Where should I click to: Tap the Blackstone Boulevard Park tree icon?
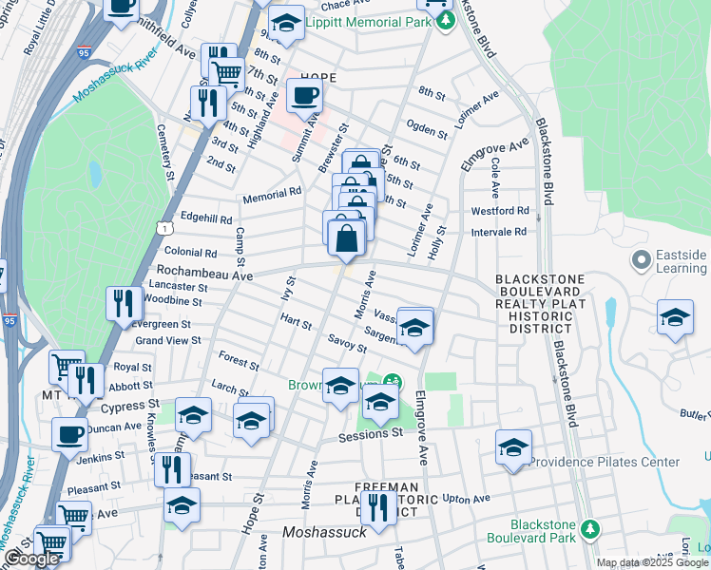[x=589, y=527]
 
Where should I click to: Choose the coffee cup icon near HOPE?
[x=304, y=95]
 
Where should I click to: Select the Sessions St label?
[x=371, y=435]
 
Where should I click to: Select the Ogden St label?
[x=427, y=130]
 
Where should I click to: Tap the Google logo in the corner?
[x=31, y=560]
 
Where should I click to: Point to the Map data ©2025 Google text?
[x=652, y=562]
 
